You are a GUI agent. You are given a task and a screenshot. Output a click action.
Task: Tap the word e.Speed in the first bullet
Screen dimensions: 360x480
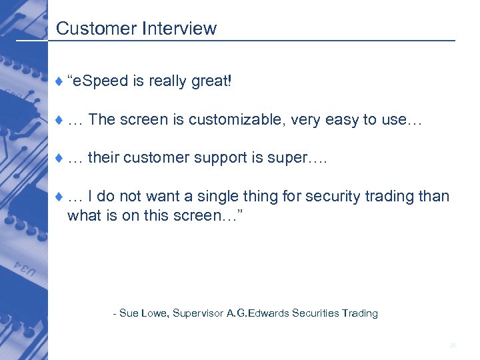(x=101, y=81)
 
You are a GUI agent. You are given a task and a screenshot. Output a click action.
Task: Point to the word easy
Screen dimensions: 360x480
(x=343, y=120)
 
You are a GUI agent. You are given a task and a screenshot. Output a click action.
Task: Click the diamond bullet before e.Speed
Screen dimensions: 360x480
(x=59, y=82)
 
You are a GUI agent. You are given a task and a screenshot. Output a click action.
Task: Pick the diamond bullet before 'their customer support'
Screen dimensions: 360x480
(x=59, y=159)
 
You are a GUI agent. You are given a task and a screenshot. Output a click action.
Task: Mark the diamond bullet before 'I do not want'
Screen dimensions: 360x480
(x=59, y=197)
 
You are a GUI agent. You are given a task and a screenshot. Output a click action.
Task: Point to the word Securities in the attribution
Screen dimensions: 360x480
(x=315, y=313)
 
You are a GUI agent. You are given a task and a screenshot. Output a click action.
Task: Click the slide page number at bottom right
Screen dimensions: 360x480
(x=452, y=345)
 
